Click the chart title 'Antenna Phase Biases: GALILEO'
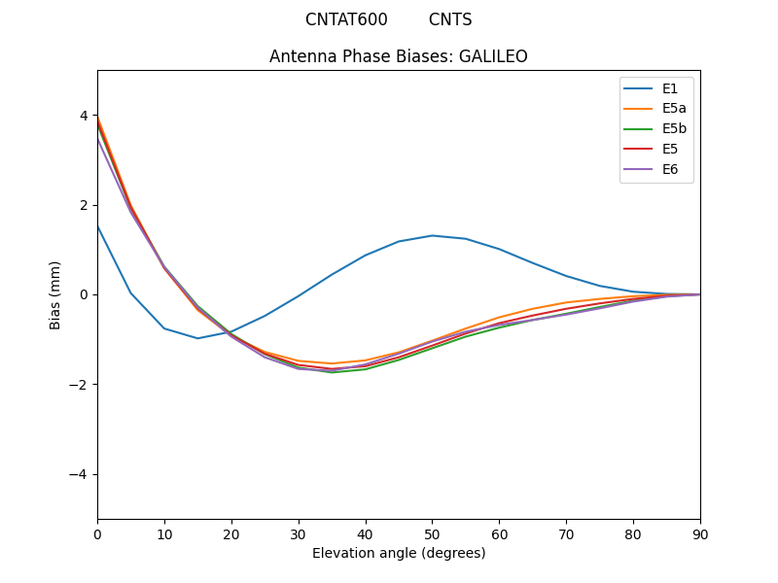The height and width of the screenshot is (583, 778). [399, 56]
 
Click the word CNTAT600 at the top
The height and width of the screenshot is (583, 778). [346, 19]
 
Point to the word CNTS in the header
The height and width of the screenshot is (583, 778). [450, 19]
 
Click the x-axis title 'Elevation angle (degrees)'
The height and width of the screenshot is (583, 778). [399, 554]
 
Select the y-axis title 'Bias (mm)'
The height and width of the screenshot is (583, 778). [55, 294]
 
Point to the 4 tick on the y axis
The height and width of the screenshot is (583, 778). [84, 116]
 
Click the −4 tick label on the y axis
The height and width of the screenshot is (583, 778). [80, 474]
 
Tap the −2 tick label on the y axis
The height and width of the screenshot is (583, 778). [80, 385]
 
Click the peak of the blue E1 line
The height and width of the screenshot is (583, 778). [432, 235]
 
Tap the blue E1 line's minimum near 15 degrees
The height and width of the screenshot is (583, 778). [197, 338]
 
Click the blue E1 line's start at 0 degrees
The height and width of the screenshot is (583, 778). [97, 225]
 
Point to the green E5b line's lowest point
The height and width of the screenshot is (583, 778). [332, 372]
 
